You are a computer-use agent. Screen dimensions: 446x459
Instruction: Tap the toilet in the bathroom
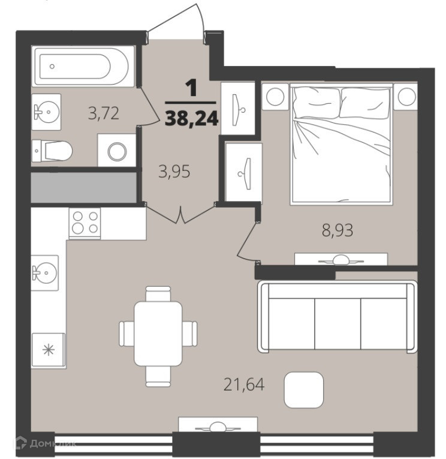(52, 151)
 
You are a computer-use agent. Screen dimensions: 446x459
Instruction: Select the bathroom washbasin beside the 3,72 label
(46, 112)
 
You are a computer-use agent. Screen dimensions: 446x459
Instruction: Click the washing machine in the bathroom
(117, 151)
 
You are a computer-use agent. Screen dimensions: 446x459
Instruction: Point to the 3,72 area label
(104, 113)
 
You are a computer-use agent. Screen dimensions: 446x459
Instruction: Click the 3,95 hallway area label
(174, 172)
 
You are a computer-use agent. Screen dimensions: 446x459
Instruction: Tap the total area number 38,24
(192, 119)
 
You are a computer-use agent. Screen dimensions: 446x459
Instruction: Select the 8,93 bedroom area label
(337, 230)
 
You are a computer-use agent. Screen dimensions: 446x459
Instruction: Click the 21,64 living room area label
(244, 385)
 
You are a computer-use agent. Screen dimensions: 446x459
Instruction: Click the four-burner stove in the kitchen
(85, 223)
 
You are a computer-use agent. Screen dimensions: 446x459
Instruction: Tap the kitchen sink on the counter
(45, 273)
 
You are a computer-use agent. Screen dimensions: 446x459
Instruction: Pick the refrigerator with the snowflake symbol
(48, 350)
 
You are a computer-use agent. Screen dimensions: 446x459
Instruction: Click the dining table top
(158, 334)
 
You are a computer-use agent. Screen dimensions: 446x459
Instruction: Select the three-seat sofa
(337, 317)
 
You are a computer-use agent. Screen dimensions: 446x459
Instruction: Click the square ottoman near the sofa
(303, 390)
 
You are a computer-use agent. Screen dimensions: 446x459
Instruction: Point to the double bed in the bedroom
(341, 143)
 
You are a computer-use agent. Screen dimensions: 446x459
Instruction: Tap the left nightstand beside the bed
(275, 97)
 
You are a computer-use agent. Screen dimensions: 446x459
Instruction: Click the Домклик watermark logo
(46, 444)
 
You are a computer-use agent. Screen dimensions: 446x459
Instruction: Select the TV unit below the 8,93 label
(340, 259)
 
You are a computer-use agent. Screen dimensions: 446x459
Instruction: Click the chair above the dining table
(158, 293)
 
